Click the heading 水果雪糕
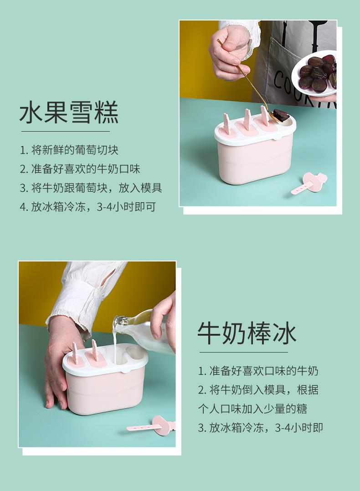tap(69, 112)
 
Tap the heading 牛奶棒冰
tap(247, 333)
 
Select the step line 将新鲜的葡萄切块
tap(75, 150)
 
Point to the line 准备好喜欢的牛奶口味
tap(86, 169)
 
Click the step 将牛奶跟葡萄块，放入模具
tap(97, 188)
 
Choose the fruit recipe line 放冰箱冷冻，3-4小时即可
tap(93, 207)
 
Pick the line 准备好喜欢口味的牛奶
tap(264, 371)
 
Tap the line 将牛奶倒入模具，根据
tap(264, 390)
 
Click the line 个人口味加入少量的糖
tap(252, 409)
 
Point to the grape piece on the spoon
tap(281, 115)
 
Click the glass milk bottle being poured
tap(143, 331)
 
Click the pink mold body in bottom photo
tap(105, 393)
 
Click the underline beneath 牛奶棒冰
tap(243, 352)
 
